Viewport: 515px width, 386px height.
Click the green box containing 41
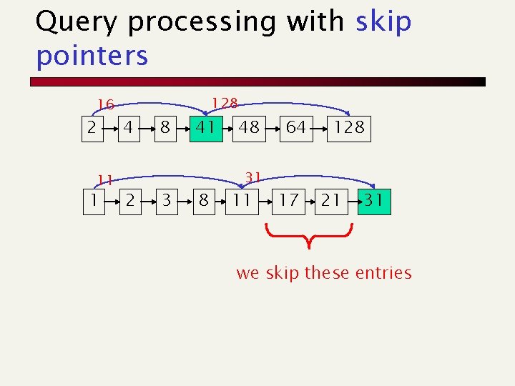coord(206,128)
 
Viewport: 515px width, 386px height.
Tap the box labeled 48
coord(249,128)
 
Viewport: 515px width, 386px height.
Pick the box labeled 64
coord(295,128)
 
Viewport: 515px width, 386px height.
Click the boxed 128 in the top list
coord(349,128)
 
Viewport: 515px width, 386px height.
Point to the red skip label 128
coord(225,104)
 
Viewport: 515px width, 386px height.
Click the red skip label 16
coord(106,105)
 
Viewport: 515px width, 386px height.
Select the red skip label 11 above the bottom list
coord(106,179)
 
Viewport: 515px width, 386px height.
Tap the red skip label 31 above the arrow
coord(252,176)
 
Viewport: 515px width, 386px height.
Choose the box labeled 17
coord(288,200)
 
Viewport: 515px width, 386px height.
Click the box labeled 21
coord(330,200)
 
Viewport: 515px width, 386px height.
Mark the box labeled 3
coord(167,200)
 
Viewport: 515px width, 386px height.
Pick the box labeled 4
coord(128,128)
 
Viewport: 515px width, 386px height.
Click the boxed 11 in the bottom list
coord(242,200)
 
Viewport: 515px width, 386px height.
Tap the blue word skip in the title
coord(383,22)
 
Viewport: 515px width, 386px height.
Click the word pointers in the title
coord(92,56)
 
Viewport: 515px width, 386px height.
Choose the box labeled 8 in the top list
coord(165,128)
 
